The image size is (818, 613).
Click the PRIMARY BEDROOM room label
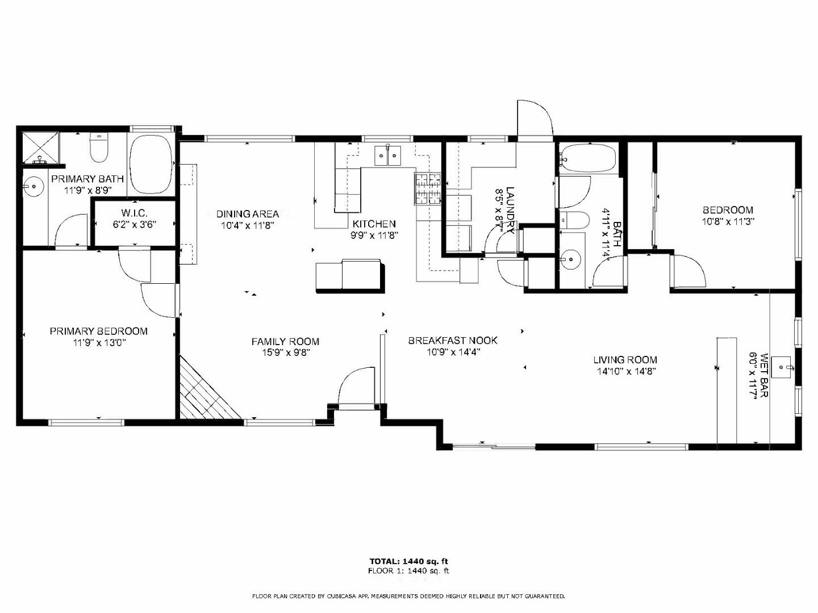(98, 331)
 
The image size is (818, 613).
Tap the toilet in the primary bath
(99, 149)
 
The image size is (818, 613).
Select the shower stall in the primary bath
(40, 148)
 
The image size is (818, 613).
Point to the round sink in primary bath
(35, 186)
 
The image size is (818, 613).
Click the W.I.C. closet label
(134, 213)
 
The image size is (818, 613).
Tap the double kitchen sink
(387, 155)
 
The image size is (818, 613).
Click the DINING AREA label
(248, 214)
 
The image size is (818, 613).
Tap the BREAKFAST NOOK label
(453, 341)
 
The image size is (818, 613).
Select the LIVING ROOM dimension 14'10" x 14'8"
(625, 372)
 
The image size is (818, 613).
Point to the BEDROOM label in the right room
(728, 210)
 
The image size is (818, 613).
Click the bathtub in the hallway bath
(587, 159)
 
